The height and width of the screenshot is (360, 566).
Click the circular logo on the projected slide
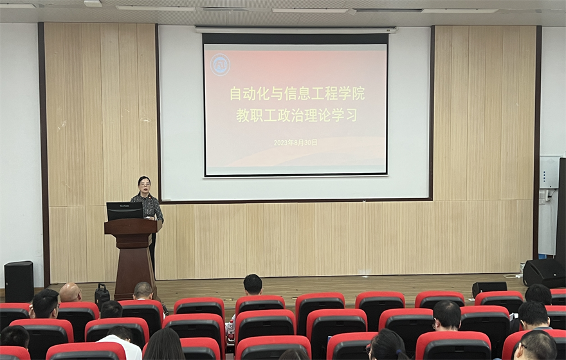[220, 64]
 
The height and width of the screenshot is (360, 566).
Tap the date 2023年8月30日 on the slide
[295, 142]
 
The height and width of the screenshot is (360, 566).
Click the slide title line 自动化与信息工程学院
[297, 94]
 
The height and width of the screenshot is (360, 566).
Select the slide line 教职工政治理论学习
[297, 116]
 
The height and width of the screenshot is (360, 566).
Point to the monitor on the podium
[125, 211]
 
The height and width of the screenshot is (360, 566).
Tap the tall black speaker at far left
[19, 282]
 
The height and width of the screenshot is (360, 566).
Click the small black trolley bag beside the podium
[102, 296]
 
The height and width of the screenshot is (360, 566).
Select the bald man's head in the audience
[70, 292]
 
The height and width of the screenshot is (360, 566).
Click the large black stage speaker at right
[544, 273]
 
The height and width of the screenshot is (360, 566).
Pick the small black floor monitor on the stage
[489, 288]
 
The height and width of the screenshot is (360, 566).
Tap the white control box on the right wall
[549, 172]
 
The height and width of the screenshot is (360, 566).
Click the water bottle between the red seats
[230, 330]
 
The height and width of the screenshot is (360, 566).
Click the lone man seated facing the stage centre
[253, 285]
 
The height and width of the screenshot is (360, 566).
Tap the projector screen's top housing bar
[296, 30]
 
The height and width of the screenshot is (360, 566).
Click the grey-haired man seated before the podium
[143, 291]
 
